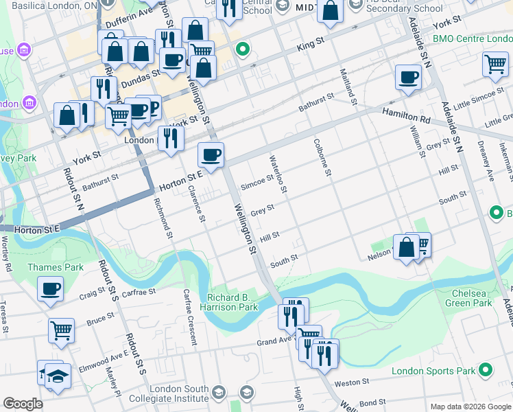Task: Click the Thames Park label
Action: click(x=55, y=267)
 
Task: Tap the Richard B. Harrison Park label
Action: click(x=232, y=302)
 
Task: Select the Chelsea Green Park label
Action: click(x=468, y=297)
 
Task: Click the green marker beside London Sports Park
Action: click(x=486, y=371)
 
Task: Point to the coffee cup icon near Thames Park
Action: click(x=50, y=289)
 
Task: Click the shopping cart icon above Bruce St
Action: click(x=61, y=330)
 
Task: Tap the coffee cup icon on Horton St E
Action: click(x=211, y=154)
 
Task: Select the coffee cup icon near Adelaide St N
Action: click(x=408, y=77)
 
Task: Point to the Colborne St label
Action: click(x=322, y=158)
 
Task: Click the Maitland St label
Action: click(x=349, y=87)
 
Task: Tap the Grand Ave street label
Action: click(x=276, y=341)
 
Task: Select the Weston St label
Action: click(x=352, y=381)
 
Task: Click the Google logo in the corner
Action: click(x=23, y=404)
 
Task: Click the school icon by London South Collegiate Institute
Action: click(x=219, y=393)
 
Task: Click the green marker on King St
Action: click(x=241, y=49)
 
